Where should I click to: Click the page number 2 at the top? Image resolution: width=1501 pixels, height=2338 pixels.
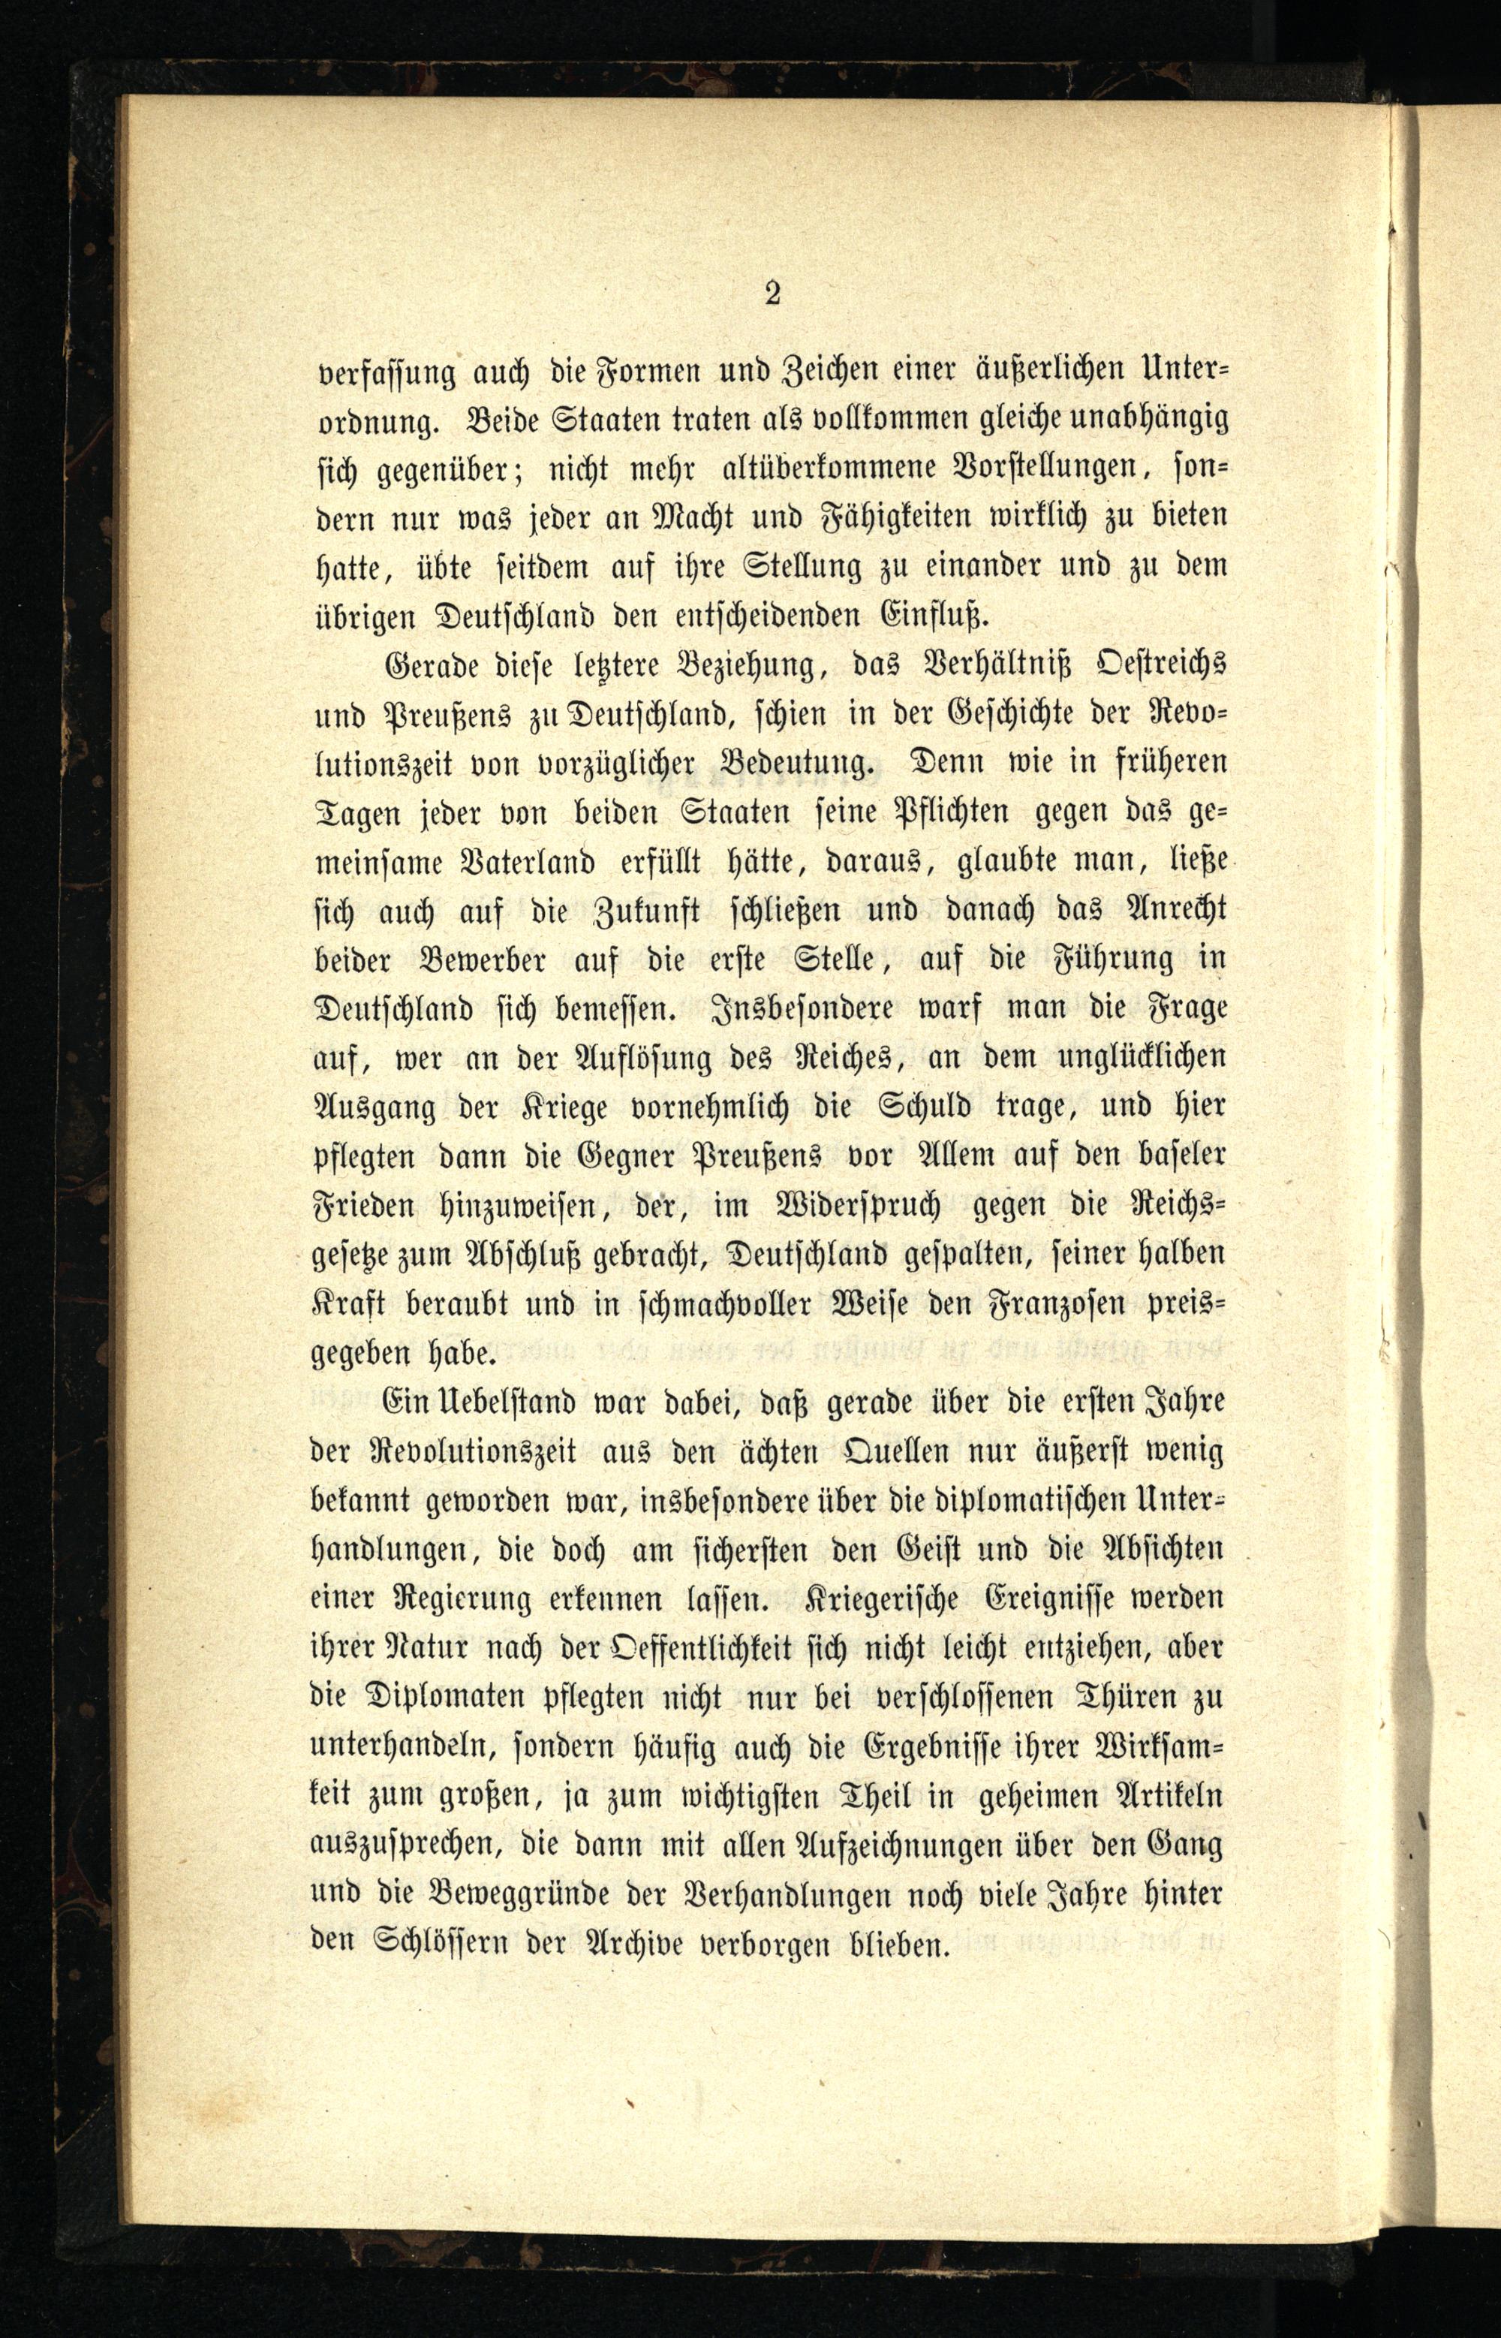pyautogui.click(x=773, y=294)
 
